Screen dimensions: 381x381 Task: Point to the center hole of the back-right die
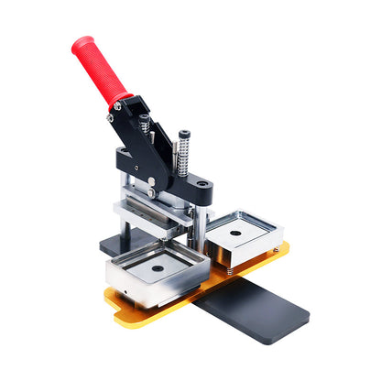click(235, 234)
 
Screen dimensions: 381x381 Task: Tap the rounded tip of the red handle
click(80, 42)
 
